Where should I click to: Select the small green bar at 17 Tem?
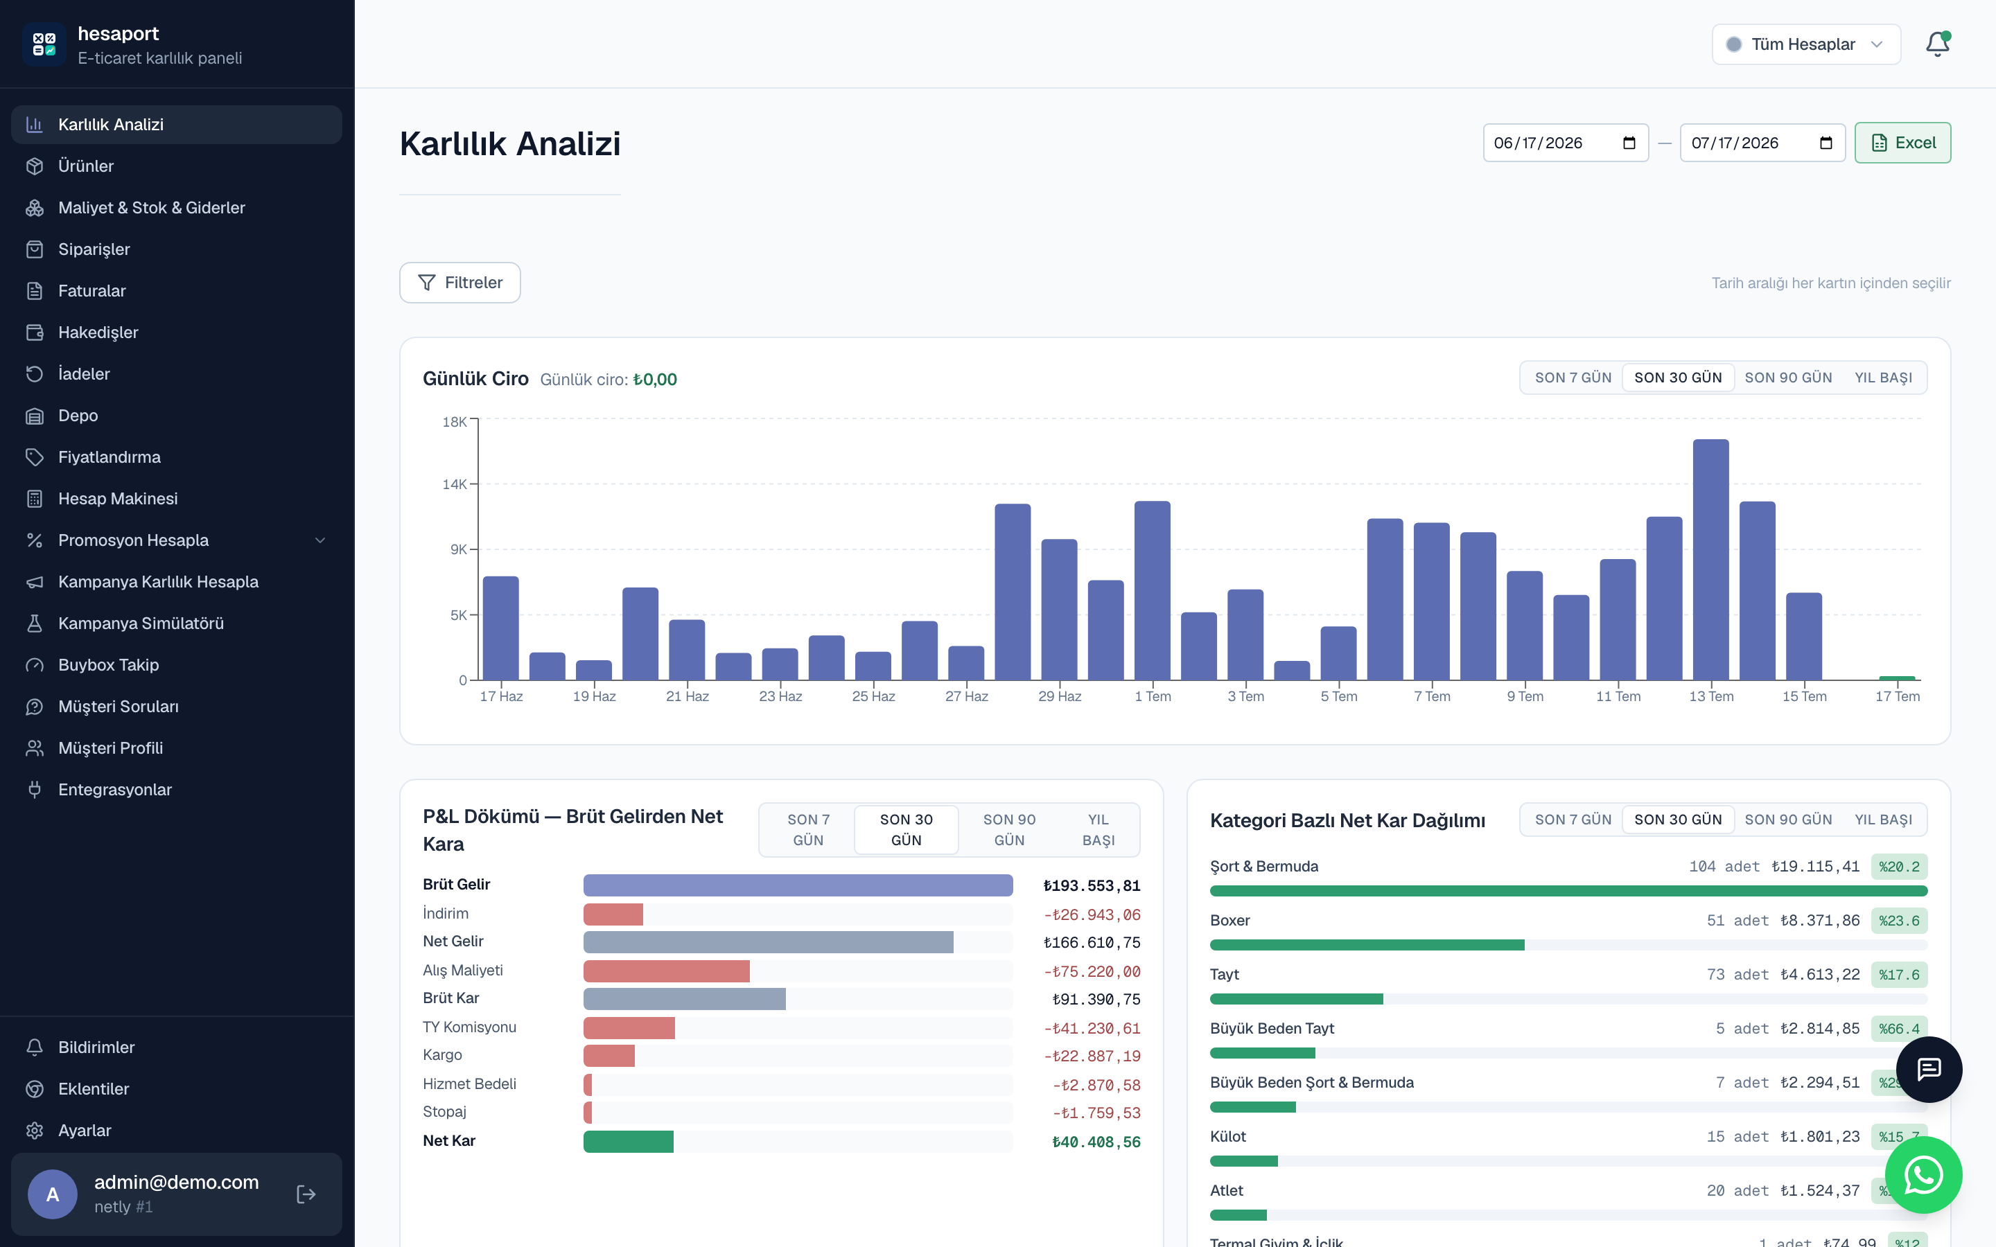pyautogui.click(x=1897, y=678)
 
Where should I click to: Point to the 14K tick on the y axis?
pyautogui.click(x=455, y=484)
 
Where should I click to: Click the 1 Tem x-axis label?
pyautogui.click(x=1153, y=696)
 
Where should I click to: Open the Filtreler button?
pyautogui.click(x=459, y=283)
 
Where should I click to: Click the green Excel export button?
pyautogui.click(x=1902, y=143)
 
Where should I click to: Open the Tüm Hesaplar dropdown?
pyautogui.click(x=1805, y=44)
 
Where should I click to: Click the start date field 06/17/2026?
pyautogui.click(x=1566, y=143)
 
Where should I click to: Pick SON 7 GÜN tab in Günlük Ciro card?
pyautogui.click(x=1573, y=378)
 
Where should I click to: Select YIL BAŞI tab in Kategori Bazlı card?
pyautogui.click(x=1883, y=820)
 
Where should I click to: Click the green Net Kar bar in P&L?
pyautogui.click(x=629, y=1142)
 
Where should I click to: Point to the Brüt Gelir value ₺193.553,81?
pyautogui.click(x=1091, y=886)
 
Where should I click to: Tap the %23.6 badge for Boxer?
pyautogui.click(x=1899, y=921)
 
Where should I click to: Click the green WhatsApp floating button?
pyautogui.click(x=1923, y=1174)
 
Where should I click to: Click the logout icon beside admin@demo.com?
pyautogui.click(x=306, y=1194)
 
